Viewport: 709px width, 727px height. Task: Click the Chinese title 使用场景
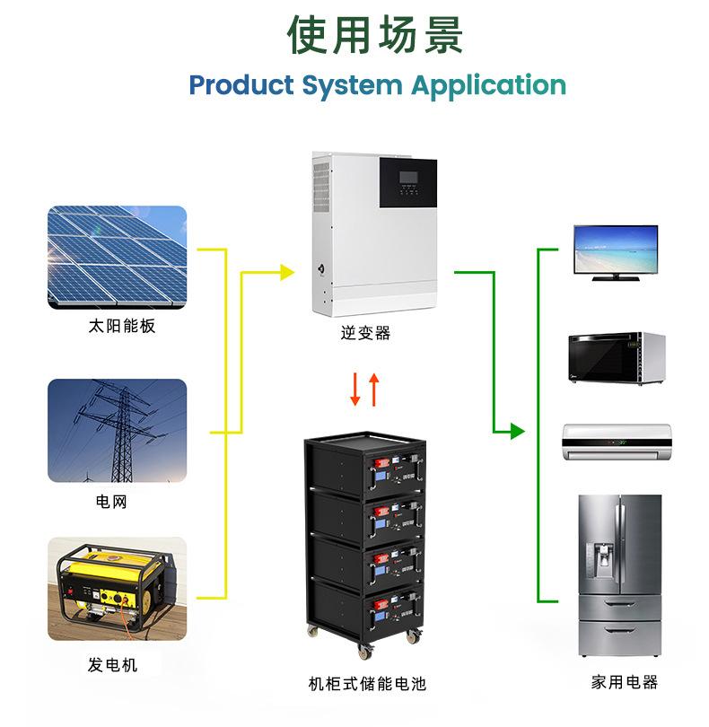(375, 35)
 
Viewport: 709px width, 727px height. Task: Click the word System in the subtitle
(352, 86)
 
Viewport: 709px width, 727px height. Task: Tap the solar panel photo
(117, 258)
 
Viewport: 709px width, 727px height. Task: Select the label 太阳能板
(121, 326)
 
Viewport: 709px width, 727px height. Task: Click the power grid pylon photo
(117, 431)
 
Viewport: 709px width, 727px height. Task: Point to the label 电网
(111, 501)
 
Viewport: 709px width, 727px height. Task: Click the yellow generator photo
(117, 589)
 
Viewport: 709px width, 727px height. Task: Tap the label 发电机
(113, 665)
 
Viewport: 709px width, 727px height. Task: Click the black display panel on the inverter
(408, 183)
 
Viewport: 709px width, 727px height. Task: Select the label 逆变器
(365, 333)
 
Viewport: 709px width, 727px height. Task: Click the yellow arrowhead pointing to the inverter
(287, 273)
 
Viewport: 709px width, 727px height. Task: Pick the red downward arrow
(355, 389)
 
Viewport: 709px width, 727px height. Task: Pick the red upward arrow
(374, 390)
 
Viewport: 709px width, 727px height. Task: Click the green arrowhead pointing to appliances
(518, 431)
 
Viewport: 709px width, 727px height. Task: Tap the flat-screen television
(616, 253)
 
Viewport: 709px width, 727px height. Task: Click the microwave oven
(617, 358)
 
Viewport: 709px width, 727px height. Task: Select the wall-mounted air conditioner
(617, 442)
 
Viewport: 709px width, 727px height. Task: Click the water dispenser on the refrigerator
(603, 560)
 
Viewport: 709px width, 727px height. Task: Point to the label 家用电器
(624, 682)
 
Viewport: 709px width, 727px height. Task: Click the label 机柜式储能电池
(367, 683)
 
